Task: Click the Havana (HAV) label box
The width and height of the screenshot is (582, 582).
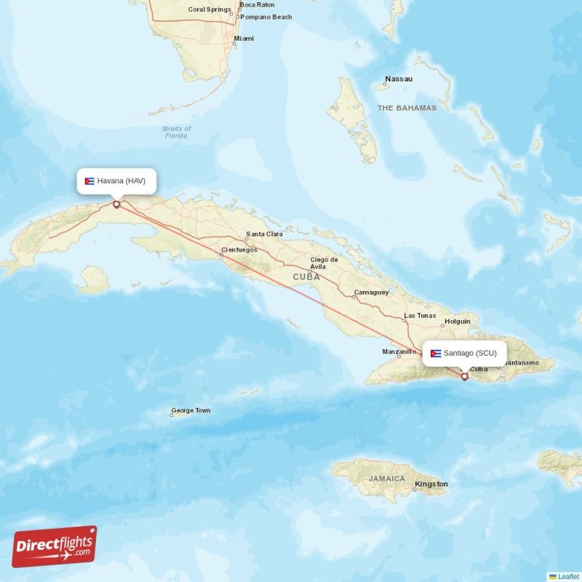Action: pos(116,181)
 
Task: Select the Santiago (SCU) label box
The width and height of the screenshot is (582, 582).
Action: pos(464,353)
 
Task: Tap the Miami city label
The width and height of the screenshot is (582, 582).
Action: pos(244,39)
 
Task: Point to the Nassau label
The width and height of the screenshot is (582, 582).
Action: pos(399,79)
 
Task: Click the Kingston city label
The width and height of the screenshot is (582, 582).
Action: pos(431,484)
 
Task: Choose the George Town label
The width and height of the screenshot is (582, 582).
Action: pos(191,410)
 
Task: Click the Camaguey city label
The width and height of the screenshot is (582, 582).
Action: pos(371,292)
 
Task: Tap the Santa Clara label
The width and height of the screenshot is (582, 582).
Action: pos(264,234)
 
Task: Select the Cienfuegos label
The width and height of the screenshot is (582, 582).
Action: pos(239,250)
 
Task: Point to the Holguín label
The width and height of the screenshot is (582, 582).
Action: pos(458,321)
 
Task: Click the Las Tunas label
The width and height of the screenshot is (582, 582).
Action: pos(420,316)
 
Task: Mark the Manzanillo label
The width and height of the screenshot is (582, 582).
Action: pos(399,351)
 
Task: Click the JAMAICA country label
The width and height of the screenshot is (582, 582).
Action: pos(386,479)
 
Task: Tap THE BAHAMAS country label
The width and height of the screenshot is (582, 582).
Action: pos(407,108)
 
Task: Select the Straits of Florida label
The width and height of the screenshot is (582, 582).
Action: pos(176,132)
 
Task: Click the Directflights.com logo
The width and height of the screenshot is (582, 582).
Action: pos(55,546)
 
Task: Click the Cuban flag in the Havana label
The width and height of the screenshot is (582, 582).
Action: pos(89,181)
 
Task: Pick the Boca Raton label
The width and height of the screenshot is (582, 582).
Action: pos(257,4)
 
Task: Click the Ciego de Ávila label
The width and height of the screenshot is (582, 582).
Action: pos(324,263)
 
